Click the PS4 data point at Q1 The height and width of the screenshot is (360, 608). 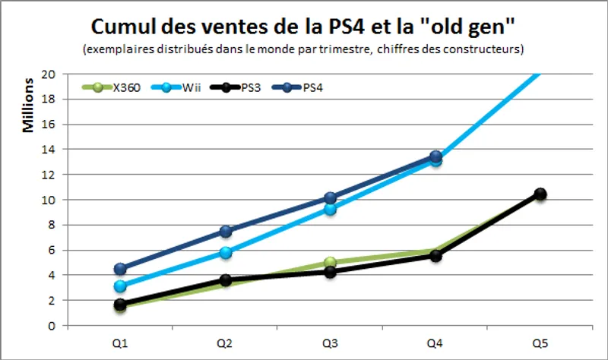pos(120,269)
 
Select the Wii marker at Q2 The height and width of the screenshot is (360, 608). pos(225,252)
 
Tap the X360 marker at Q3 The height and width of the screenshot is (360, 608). pos(330,263)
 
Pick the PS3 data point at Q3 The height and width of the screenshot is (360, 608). pos(330,272)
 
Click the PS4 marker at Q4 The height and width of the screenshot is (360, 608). pos(435,156)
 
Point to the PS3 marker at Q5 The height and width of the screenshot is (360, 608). pos(540,194)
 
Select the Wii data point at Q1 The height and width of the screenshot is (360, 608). pos(120,286)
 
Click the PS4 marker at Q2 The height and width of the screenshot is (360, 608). pos(225,231)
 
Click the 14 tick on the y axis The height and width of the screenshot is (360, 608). pos(49,150)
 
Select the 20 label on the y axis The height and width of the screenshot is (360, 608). pos(49,74)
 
